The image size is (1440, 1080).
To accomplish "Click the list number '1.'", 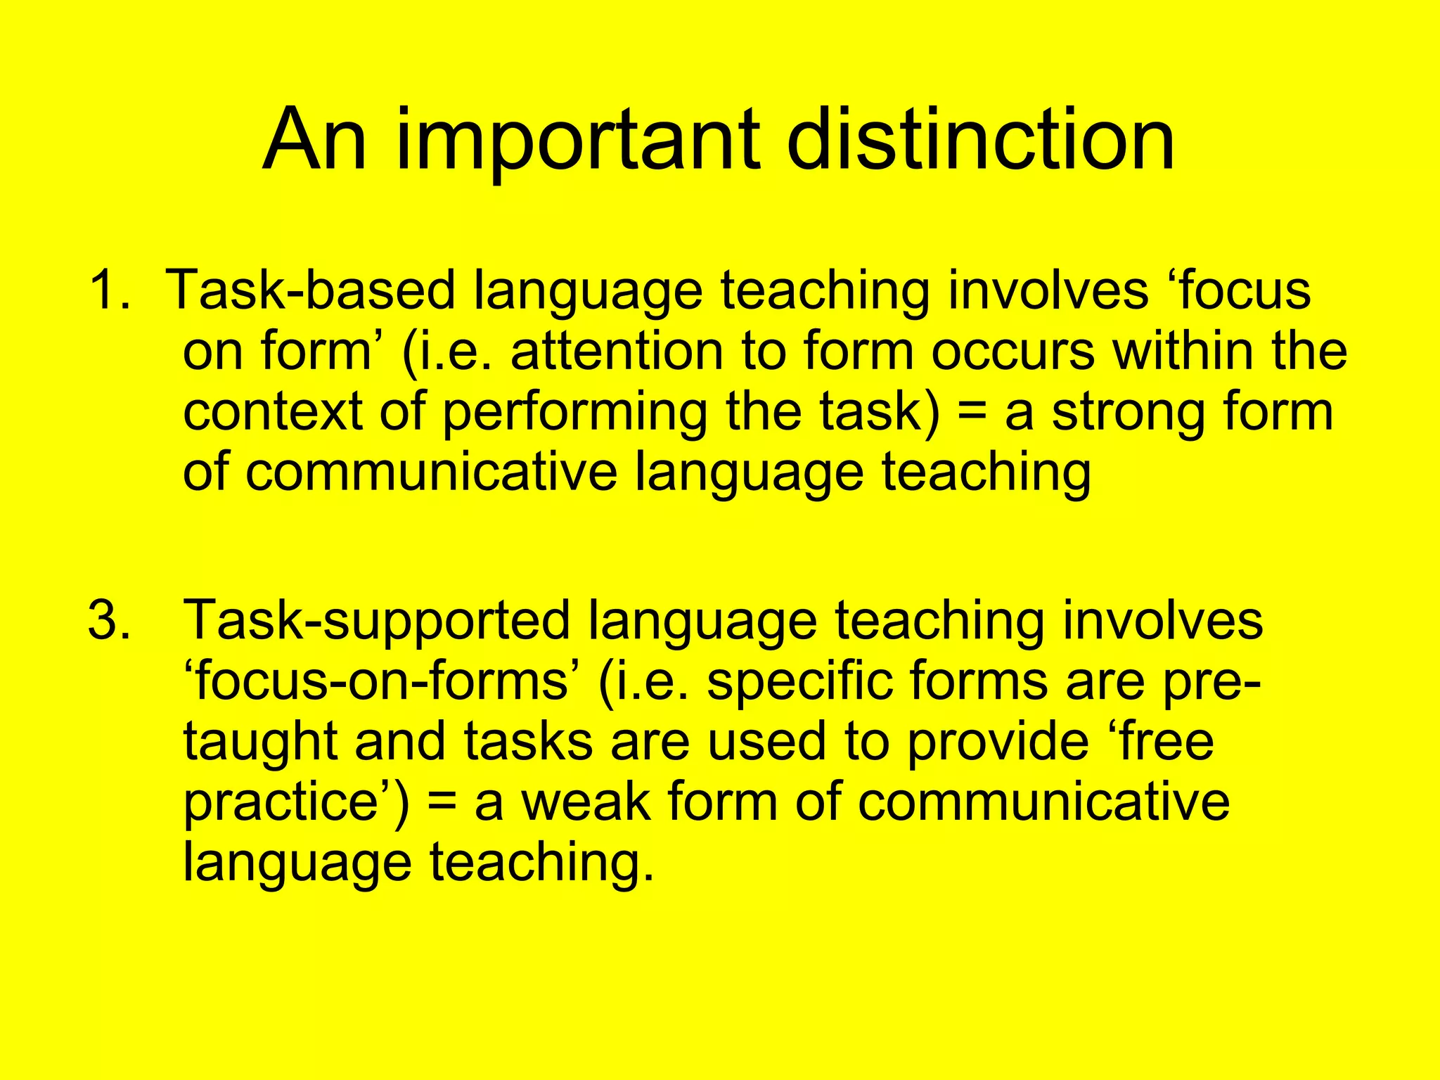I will click(109, 290).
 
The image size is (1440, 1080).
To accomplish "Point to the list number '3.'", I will click(109, 620).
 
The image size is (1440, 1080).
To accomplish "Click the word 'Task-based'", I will click(313, 290).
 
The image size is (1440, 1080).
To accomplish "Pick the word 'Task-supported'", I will click(377, 620).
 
